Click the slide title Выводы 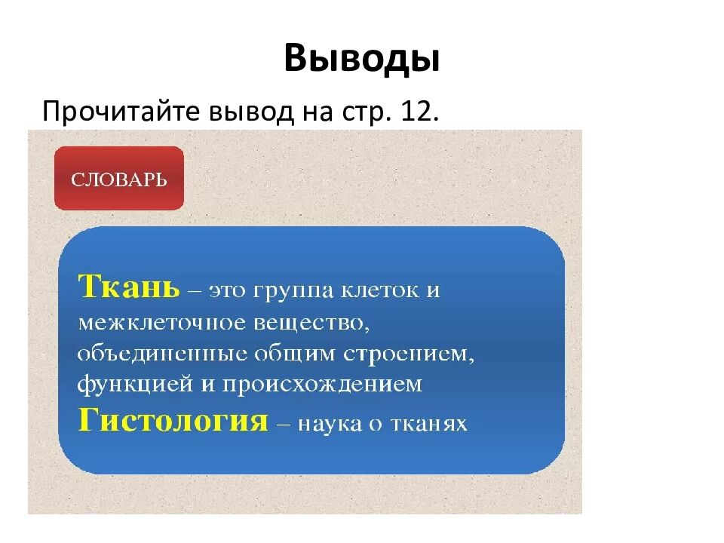[x=362, y=58]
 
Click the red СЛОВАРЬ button [x=119, y=179]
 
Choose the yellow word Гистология [x=174, y=419]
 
